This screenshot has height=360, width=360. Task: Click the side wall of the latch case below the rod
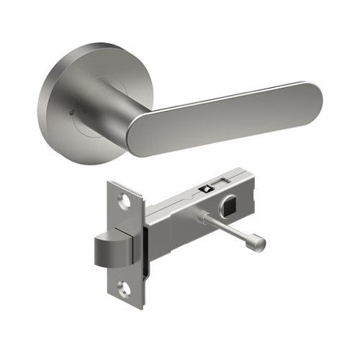pos(187,238)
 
